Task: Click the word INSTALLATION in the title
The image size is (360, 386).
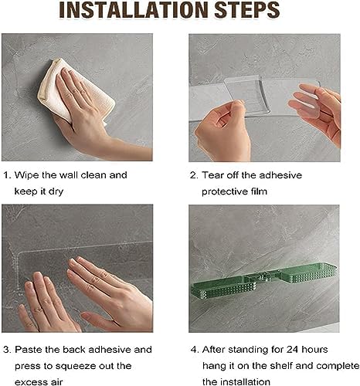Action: [134, 10]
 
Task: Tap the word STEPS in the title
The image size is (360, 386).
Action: [247, 10]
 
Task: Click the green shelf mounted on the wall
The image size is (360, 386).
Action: [264, 282]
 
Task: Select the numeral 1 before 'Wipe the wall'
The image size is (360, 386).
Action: [6, 175]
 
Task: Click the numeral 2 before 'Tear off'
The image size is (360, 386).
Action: [194, 175]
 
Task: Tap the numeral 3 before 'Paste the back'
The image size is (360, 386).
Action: [7, 350]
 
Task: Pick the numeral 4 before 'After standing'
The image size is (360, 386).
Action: [194, 350]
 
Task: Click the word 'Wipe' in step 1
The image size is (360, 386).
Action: [27, 175]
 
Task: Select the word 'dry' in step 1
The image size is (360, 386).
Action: [56, 191]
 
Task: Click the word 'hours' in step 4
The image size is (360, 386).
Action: [314, 349]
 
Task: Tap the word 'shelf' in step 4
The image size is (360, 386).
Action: [281, 366]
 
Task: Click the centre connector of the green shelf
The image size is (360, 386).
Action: [263, 277]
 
